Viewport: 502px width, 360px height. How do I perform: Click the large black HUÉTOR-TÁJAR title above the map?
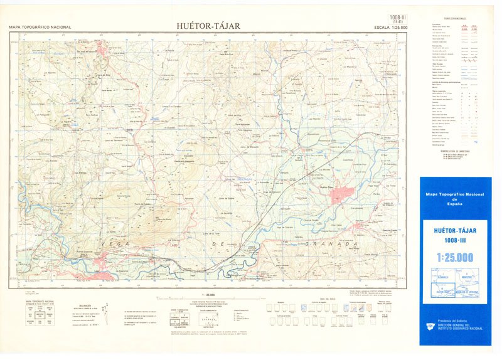(208, 26)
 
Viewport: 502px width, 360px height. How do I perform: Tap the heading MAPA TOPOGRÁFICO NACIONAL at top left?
(40, 28)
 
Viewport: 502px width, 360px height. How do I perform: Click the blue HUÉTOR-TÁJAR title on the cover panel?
(455, 230)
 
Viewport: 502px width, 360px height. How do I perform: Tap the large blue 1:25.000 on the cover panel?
(455, 256)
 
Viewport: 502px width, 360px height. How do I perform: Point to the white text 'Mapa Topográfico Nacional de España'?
(455, 199)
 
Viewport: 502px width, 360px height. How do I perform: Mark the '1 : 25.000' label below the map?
(208, 294)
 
